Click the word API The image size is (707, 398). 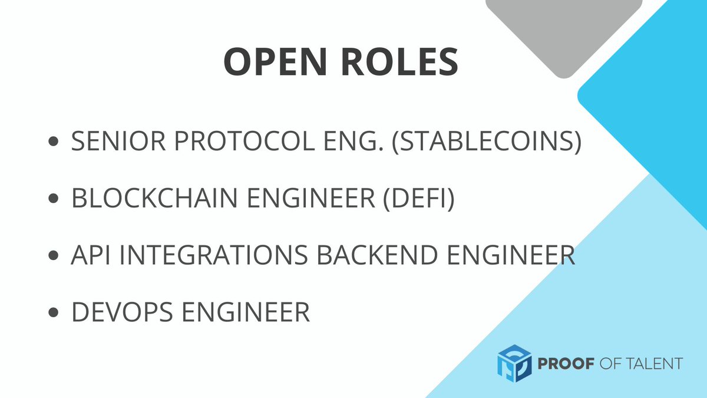tap(88, 255)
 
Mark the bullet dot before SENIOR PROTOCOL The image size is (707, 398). tap(55, 143)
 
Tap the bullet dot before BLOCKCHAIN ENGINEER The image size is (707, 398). tap(55, 199)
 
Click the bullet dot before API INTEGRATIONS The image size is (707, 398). tap(55, 255)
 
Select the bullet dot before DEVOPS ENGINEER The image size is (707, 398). tap(55, 311)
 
